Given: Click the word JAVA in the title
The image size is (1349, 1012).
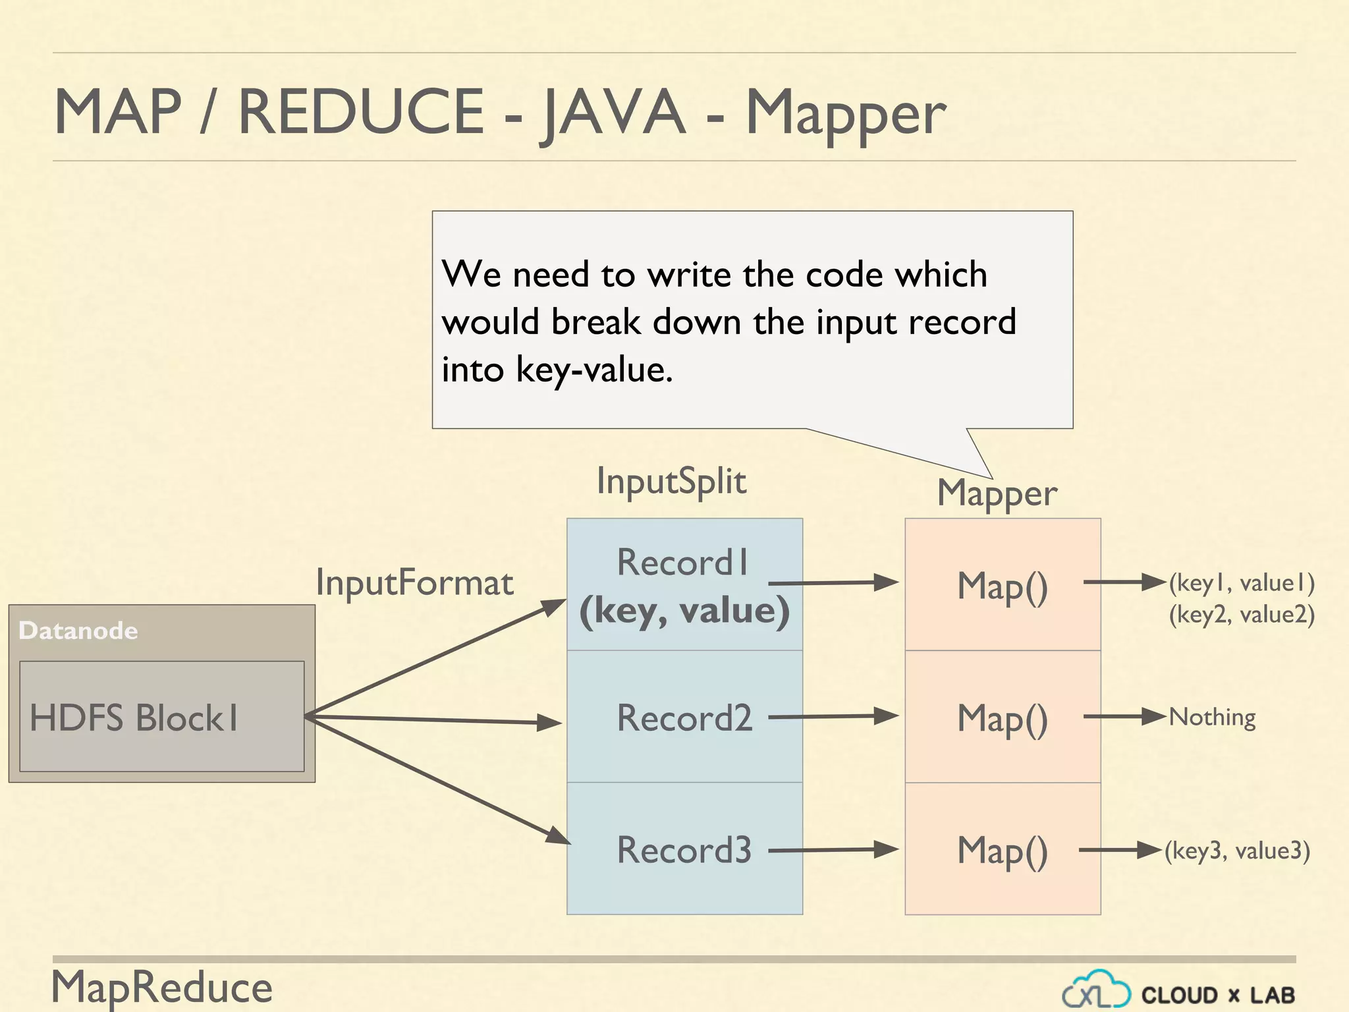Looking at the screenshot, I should (613, 112).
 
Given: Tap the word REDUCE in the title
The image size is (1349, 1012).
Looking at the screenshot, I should (361, 112).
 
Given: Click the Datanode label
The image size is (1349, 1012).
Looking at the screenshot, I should (78, 631).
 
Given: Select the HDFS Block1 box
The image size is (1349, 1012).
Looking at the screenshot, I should (161, 717).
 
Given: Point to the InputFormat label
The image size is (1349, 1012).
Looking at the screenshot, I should (414, 582).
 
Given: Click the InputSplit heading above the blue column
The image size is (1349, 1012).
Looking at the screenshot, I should (671, 481).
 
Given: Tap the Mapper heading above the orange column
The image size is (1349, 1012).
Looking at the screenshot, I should (997, 493).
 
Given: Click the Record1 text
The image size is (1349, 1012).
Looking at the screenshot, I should (683, 562).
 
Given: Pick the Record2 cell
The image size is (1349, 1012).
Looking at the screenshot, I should (684, 717).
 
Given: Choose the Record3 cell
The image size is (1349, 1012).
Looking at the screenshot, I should (684, 850).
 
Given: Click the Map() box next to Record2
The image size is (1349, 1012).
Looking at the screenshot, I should (1003, 717).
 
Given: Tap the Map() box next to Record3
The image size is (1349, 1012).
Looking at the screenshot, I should (1003, 850).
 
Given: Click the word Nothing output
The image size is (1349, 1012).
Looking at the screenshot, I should (1212, 717).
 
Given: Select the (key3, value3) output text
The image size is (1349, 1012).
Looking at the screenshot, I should (1237, 851).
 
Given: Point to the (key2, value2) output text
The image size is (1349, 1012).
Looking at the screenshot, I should (1242, 614).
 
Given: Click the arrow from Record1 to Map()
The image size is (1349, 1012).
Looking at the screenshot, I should (833, 583).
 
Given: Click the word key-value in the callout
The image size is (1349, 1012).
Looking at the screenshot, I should (594, 369).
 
